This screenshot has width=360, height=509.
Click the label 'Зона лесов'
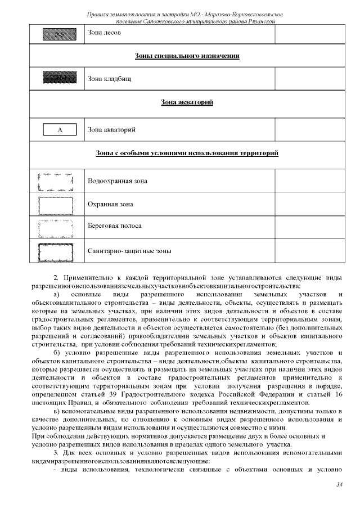click(x=104, y=33)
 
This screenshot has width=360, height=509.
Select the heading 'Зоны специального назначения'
click(x=187, y=56)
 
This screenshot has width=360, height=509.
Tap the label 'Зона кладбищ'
click(x=107, y=78)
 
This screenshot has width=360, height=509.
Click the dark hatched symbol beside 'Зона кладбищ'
click(x=56, y=78)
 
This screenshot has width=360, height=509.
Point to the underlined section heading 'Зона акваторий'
click(x=187, y=102)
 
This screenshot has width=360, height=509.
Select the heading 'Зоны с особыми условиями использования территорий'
click(x=187, y=153)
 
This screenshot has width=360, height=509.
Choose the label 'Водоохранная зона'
click(x=117, y=181)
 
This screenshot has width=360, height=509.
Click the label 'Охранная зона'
click(x=110, y=204)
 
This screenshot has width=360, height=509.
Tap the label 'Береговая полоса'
click(x=114, y=226)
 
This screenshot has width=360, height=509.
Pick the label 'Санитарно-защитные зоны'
click(x=129, y=251)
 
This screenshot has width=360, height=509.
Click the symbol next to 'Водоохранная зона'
click(x=56, y=182)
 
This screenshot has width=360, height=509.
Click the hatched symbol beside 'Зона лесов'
click(x=56, y=33)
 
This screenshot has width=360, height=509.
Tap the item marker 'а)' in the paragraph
click(x=57, y=294)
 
